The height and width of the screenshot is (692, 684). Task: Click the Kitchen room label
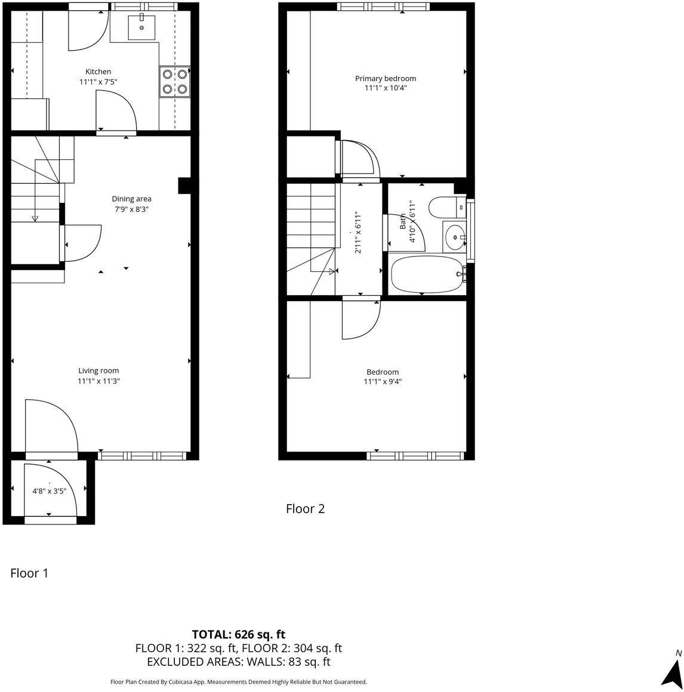pyautogui.click(x=98, y=72)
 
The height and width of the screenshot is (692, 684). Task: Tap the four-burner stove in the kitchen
pyautogui.click(x=174, y=82)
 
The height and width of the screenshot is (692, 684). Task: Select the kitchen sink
pyautogui.click(x=141, y=27)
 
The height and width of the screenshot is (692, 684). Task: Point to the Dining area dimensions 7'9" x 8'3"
pyautogui.click(x=131, y=209)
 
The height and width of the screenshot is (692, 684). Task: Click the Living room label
pyautogui.click(x=98, y=370)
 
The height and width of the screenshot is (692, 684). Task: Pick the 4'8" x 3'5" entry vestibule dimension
pyautogui.click(x=49, y=492)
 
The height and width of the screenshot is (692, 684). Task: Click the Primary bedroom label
pyautogui.click(x=386, y=78)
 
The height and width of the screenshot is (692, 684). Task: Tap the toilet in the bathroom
pyautogui.click(x=445, y=207)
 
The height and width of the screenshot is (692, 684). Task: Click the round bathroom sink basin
pyautogui.click(x=456, y=237)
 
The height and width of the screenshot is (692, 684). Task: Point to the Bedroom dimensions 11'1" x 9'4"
pyautogui.click(x=383, y=382)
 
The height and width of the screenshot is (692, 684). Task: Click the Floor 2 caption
pyautogui.click(x=305, y=509)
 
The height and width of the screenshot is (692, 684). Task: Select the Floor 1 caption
pyautogui.click(x=29, y=573)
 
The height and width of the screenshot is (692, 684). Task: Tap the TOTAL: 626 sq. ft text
pyautogui.click(x=238, y=634)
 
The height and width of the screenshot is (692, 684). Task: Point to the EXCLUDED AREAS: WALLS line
pyautogui.click(x=238, y=662)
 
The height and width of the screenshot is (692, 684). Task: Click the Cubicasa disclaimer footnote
pyautogui.click(x=238, y=682)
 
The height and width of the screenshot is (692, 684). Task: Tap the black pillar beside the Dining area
pyautogui.click(x=184, y=186)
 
